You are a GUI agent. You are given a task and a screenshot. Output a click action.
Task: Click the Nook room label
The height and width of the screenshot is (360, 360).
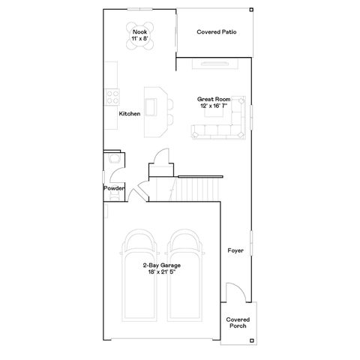pos(139,32)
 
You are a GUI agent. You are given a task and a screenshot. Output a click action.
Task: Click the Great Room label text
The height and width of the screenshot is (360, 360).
pos(214,98)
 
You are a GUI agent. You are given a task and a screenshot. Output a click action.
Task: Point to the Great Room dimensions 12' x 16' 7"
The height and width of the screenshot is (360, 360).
pos(214,106)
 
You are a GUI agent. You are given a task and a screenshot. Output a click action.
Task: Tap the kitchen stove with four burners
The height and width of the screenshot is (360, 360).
pos(112,96)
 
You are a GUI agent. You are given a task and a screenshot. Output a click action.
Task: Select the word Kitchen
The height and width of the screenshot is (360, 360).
pos(130,113)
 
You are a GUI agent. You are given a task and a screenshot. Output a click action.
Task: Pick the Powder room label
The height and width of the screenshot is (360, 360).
pos(114,188)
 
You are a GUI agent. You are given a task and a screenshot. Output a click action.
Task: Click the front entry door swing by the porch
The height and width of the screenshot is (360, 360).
pos(233,293)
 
